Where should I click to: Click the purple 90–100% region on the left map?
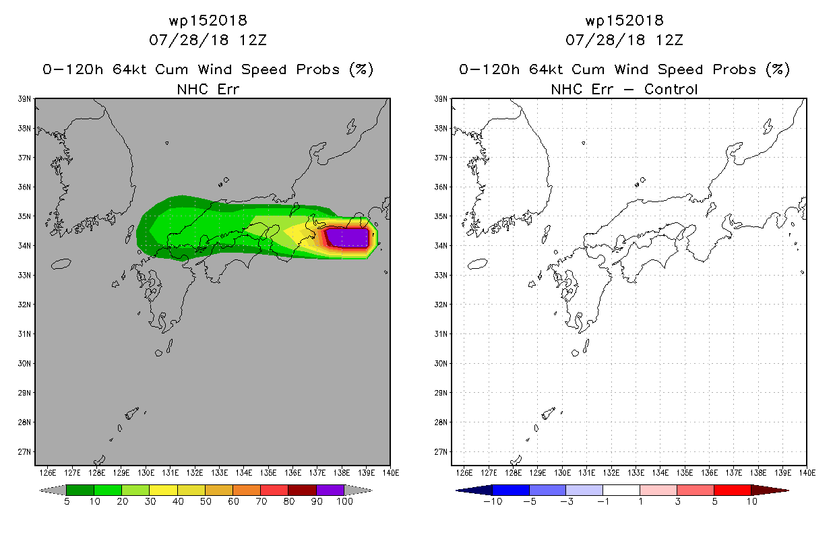point(347,238)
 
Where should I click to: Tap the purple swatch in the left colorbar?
point(330,490)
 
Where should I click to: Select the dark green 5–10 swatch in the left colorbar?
point(80,490)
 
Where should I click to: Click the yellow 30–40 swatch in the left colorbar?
point(163,490)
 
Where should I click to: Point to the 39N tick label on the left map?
point(24,99)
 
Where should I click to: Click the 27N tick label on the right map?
point(441,451)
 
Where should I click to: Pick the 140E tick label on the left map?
point(391,473)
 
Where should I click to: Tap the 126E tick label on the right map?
point(464,473)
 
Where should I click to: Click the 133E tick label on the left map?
point(220,473)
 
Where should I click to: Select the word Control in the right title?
point(671,90)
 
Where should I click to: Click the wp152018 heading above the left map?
point(208,21)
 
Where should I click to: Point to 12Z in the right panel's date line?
point(669,40)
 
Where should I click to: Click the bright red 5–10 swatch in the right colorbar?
point(733,490)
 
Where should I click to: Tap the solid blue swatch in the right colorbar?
point(511,490)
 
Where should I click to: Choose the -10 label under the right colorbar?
point(493,502)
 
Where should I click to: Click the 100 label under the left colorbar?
point(344,502)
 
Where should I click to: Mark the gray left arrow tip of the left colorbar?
point(40,490)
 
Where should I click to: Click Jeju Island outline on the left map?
point(61,264)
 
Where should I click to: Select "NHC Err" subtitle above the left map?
point(208,90)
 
